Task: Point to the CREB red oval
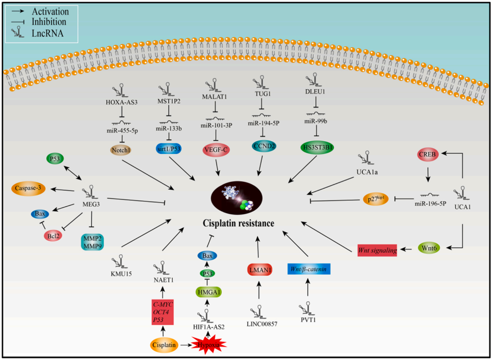click(x=426, y=153)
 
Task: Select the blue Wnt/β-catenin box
click(x=308, y=268)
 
